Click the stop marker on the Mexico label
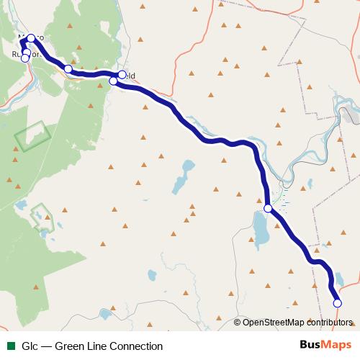(32, 38)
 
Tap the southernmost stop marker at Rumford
(25, 58)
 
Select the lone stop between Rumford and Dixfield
(68, 69)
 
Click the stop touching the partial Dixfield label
(122, 74)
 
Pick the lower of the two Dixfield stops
(113, 81)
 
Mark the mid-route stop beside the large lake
(268, 209)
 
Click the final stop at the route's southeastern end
(337, 303)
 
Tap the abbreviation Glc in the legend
(30, 346)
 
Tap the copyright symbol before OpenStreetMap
(238, 323)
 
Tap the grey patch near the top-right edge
(351, 114)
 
